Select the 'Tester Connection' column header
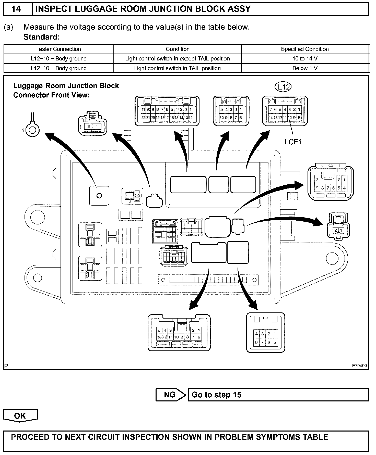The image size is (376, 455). coord(58,49)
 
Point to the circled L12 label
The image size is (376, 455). coord(283,87)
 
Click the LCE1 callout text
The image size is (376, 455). coord(293,142)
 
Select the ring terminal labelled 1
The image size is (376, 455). coord(33,130)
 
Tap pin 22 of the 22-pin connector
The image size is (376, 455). coord(143,118)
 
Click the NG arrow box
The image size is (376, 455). coord(171,395)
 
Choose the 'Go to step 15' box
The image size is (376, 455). coord(278,395)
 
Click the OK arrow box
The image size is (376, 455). coord(20,416)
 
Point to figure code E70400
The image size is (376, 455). coord(359,365)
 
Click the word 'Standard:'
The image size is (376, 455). coord(41,37)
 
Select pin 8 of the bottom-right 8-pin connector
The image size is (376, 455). coord(256,342)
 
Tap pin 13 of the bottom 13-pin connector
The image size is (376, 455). coord(159,337)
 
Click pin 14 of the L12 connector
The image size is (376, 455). coord(271,118)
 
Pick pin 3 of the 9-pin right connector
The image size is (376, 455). coord(317,180)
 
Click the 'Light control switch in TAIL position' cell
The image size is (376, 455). coord(177,68)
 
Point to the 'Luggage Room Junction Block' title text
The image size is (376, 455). coord(66,86)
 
